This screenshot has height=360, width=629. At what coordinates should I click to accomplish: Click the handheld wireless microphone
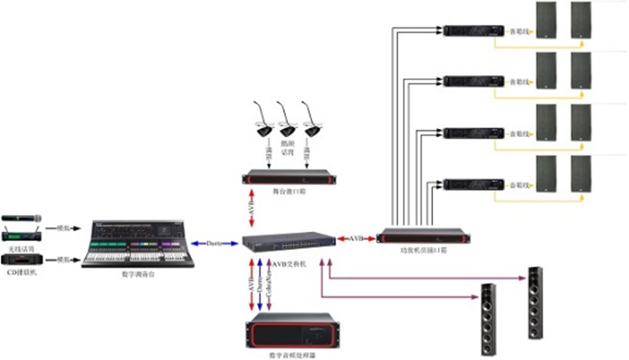pos(21,218)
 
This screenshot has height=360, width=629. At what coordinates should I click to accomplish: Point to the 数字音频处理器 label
pos(289,355)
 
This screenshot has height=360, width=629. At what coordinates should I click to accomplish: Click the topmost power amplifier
pos(474,31)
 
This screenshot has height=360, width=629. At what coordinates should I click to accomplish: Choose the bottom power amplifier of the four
pos(474,183)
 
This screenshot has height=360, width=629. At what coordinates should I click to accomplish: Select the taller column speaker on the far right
pos(536,302)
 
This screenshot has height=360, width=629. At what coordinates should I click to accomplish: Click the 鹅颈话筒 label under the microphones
pos(286,149)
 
